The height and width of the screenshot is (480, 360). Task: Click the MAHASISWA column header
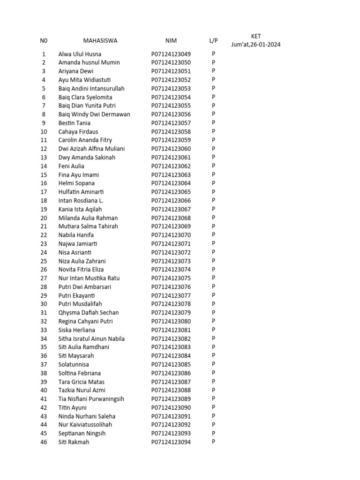[100, 41]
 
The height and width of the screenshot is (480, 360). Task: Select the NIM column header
[171, 41]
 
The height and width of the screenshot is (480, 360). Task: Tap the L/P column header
[213, 41]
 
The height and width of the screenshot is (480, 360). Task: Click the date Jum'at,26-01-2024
[256, 45]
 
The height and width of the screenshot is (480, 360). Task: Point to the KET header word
[256, 36]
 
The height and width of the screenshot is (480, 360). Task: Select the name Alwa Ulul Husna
[80, 54]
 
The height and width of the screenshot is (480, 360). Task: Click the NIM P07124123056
[171, 114]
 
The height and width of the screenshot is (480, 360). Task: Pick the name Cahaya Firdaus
[78, 132]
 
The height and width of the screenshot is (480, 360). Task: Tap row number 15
[44, 175]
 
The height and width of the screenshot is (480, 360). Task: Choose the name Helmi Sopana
[76, 183]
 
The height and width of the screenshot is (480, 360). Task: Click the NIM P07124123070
[171, 235]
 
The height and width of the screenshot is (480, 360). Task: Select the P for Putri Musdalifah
[213, 304]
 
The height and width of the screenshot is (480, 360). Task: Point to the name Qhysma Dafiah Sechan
[89, 313]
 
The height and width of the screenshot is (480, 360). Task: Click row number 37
[44, 364]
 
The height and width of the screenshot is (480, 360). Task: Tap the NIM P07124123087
[171, 382]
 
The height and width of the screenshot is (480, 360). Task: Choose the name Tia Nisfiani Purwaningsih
[91, 399]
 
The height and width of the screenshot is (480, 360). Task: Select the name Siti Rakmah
[74, 442]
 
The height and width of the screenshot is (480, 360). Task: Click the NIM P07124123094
[171, 442]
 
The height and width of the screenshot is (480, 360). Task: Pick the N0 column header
[44, 41]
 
